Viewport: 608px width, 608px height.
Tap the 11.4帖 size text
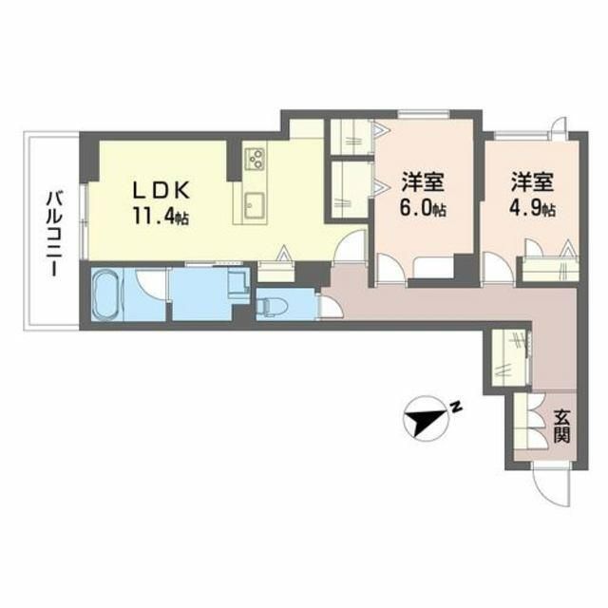click(161, 216)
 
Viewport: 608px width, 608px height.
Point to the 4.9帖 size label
click(532, 209)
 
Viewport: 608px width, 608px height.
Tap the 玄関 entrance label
click(561, 426)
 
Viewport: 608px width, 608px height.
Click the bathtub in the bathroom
click(107, 294)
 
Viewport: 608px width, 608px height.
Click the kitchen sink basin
click(256, 205)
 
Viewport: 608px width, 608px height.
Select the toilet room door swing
click(330, 306)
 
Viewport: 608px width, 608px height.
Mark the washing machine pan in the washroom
click(238, 281)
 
